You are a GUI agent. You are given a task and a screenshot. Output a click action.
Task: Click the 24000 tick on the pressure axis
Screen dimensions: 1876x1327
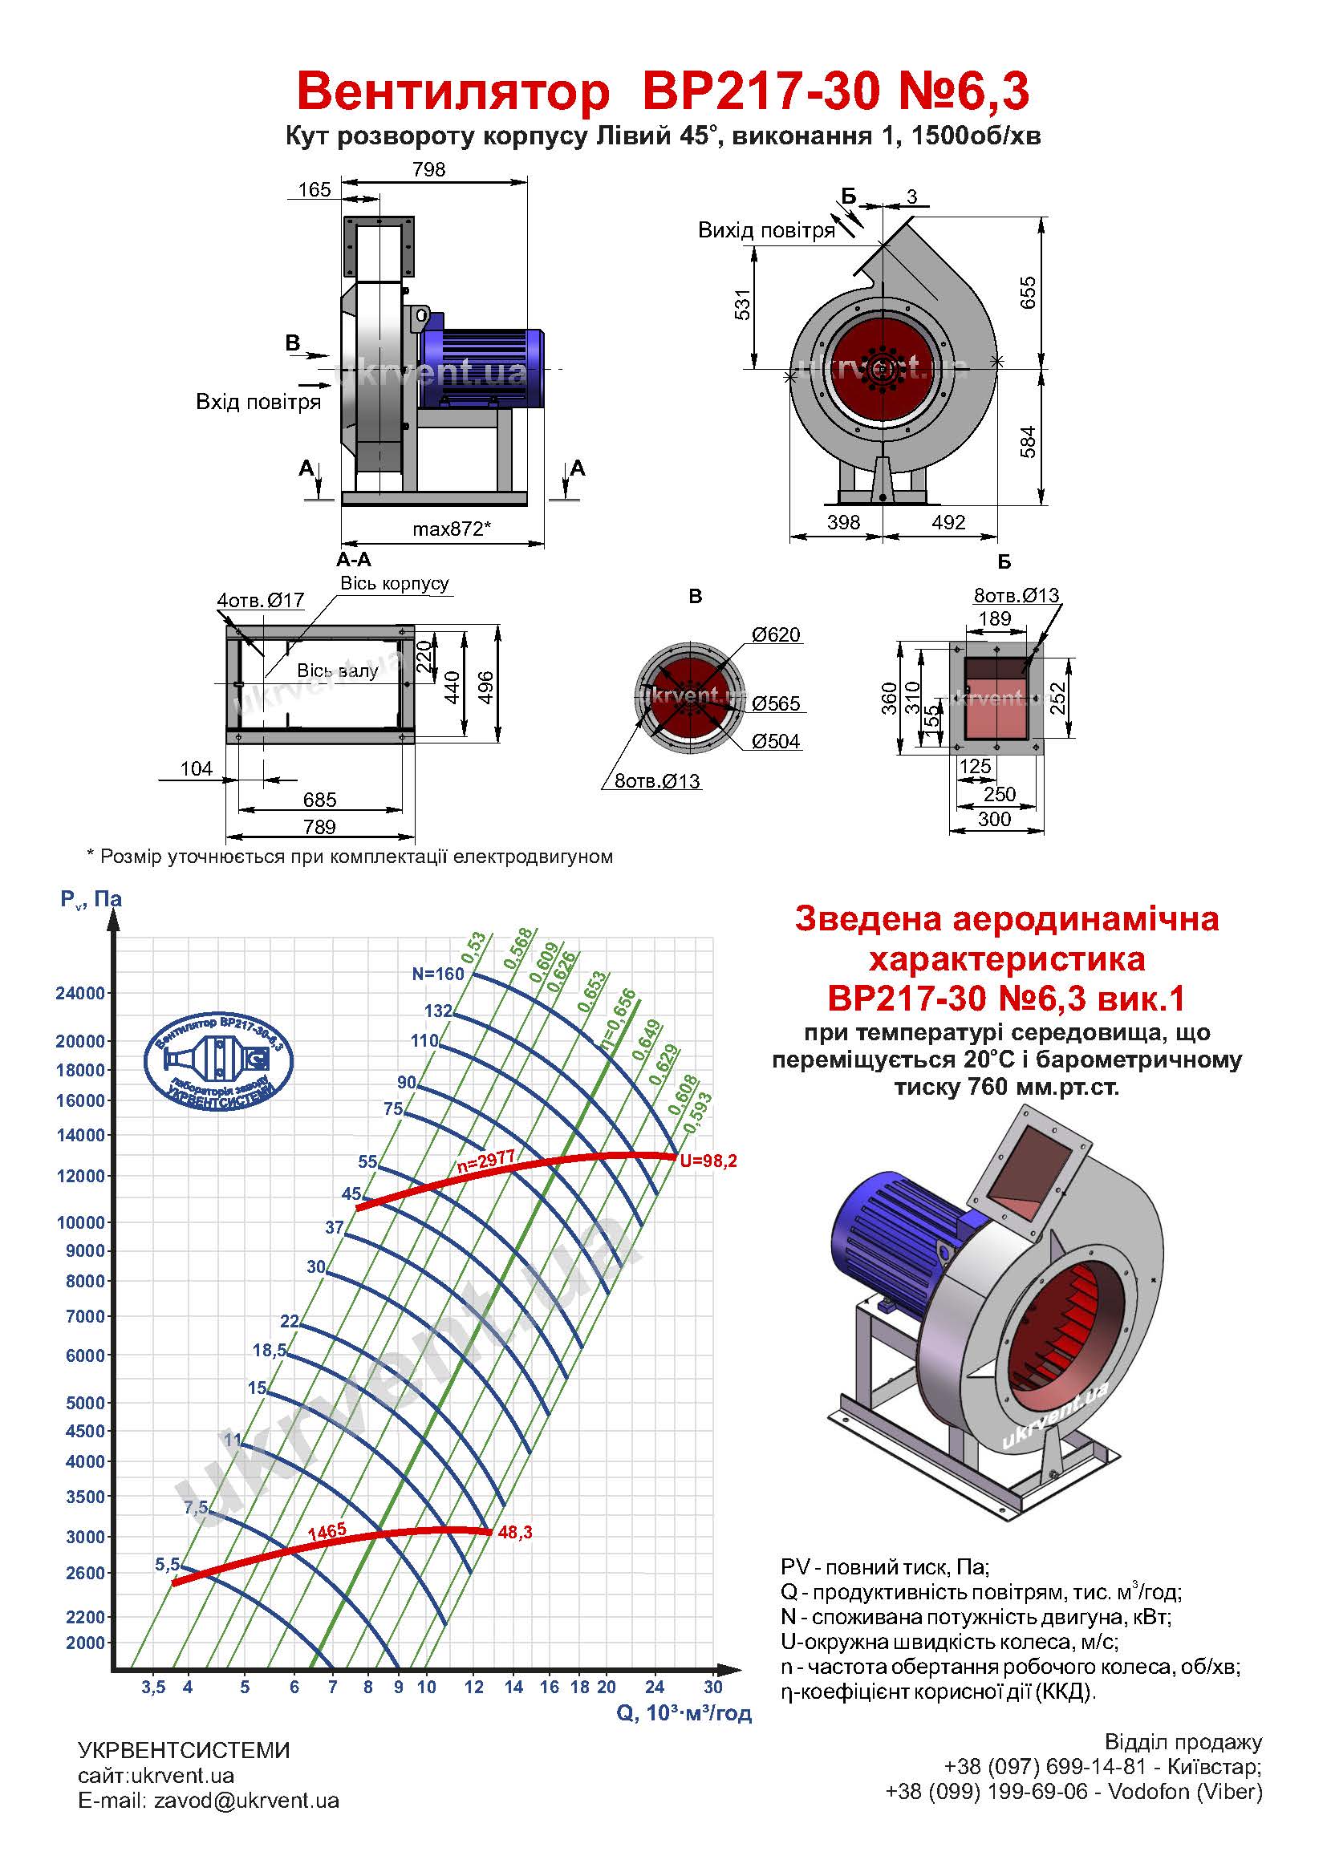[80, 994]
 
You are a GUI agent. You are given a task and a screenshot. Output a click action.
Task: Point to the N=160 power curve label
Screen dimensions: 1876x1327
[438, 974]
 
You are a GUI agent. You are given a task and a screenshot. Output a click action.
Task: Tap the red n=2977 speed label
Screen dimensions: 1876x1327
[485, 1162]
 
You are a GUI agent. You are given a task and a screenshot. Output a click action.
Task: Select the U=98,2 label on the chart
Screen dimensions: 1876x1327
[708, 1161]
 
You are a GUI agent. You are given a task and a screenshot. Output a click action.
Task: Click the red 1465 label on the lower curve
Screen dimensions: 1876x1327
[327, 1531]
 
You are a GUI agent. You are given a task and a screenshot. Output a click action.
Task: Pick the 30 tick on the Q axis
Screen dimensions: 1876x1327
[713, 1687]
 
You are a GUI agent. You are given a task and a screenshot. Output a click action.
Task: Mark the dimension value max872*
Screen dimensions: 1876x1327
[451, 529]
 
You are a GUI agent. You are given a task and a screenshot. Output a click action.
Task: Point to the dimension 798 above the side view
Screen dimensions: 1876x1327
[429, 169]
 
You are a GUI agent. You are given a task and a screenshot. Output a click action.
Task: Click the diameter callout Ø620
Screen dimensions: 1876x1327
[776, 635]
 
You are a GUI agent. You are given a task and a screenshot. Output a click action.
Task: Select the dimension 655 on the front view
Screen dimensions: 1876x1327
[1028, 293]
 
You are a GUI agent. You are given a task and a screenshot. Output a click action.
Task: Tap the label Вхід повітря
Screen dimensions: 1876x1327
[258, 402]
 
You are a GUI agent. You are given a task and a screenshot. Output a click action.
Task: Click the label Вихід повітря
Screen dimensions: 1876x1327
[765, 230]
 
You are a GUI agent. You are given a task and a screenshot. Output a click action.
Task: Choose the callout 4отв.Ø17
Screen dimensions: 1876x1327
[261, 601]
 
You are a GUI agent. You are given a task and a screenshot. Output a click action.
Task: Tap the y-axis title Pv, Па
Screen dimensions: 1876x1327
[91, 900]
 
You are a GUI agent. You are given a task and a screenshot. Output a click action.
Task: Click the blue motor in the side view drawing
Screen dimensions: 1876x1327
[482, 367]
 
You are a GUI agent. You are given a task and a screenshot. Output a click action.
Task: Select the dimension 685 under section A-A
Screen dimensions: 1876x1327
[319, 800]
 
